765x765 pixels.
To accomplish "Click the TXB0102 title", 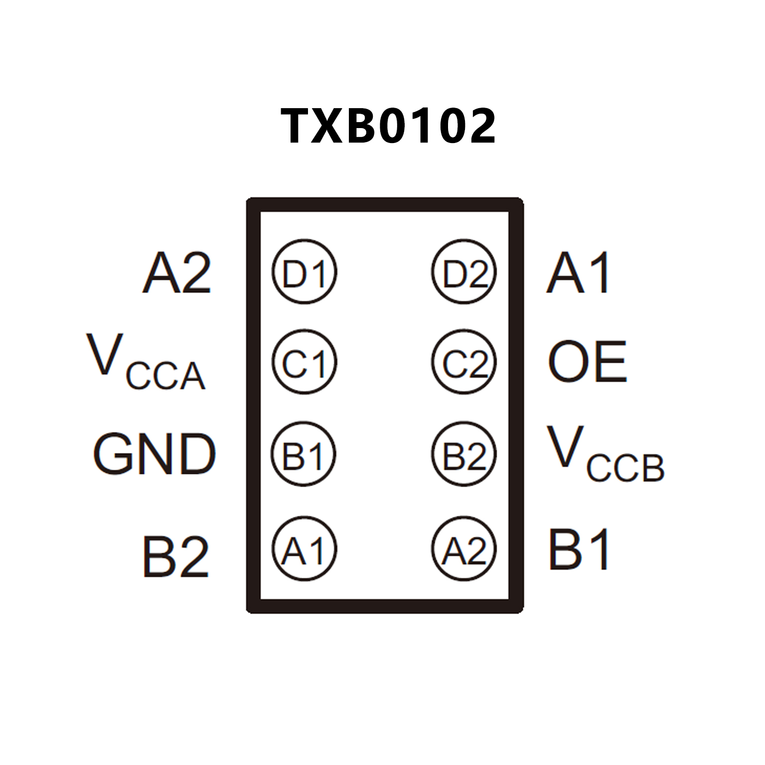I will coord(388,126).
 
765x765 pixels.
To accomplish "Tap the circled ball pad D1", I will coord(304,272).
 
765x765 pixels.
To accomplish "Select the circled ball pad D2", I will coord(464,272).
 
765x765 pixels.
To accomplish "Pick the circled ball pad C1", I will coord(304,362).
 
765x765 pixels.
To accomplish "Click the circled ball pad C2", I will coord(464,362).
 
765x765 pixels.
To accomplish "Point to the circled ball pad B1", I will coord(304,455).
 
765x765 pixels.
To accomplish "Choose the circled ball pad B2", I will coord(464,455).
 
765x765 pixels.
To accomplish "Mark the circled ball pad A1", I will coord(304,549).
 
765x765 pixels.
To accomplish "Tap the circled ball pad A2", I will coord(464,549).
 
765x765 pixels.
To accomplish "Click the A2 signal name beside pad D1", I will coord(177,273).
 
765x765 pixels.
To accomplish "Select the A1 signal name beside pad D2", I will coord(578,273).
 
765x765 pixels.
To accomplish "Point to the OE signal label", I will coord(587,362).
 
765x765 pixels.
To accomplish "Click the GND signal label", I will coord(154,454).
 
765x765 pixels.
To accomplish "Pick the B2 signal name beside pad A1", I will coord(175,556).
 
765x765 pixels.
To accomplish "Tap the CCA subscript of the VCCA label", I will coord(165,376).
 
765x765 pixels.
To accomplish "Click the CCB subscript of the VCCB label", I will coord(625,468).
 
